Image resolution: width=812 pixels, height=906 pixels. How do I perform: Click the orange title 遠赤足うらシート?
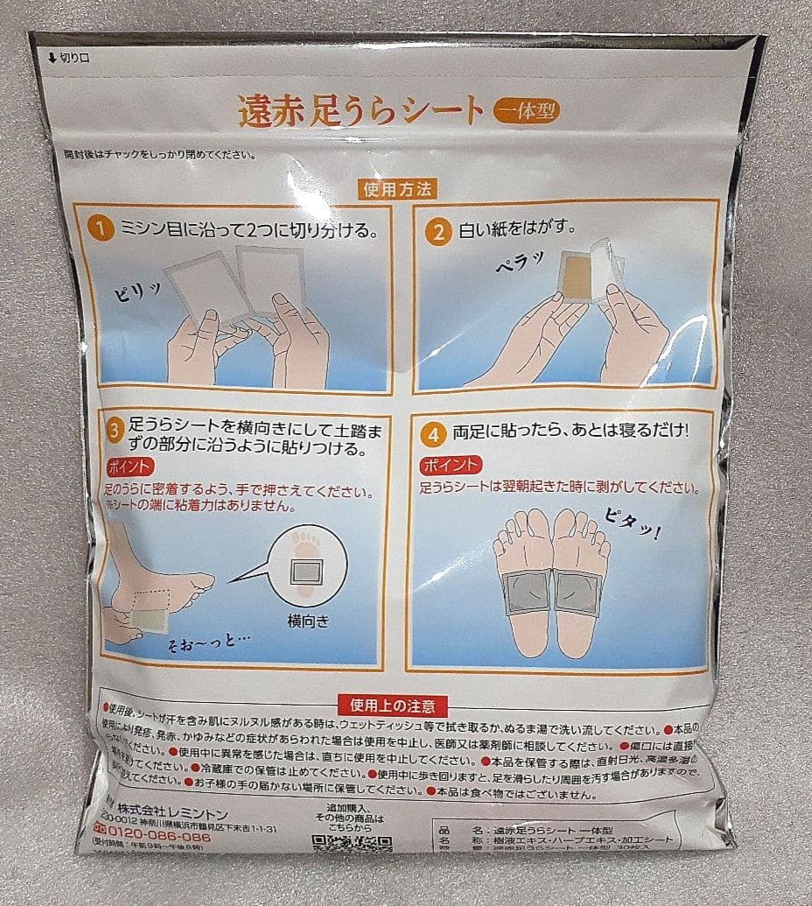pos(360,111)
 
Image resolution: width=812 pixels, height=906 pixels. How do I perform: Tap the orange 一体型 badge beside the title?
pos(526,111)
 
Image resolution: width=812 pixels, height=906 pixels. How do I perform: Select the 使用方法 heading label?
pos(396,188)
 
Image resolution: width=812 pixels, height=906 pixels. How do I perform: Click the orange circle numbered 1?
pos(102,229)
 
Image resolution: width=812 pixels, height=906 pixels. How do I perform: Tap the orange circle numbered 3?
pos(115,430)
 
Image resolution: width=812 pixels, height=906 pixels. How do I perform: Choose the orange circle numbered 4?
pos(432,432)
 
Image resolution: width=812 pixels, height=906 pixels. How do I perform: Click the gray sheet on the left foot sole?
pos(524,591)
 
